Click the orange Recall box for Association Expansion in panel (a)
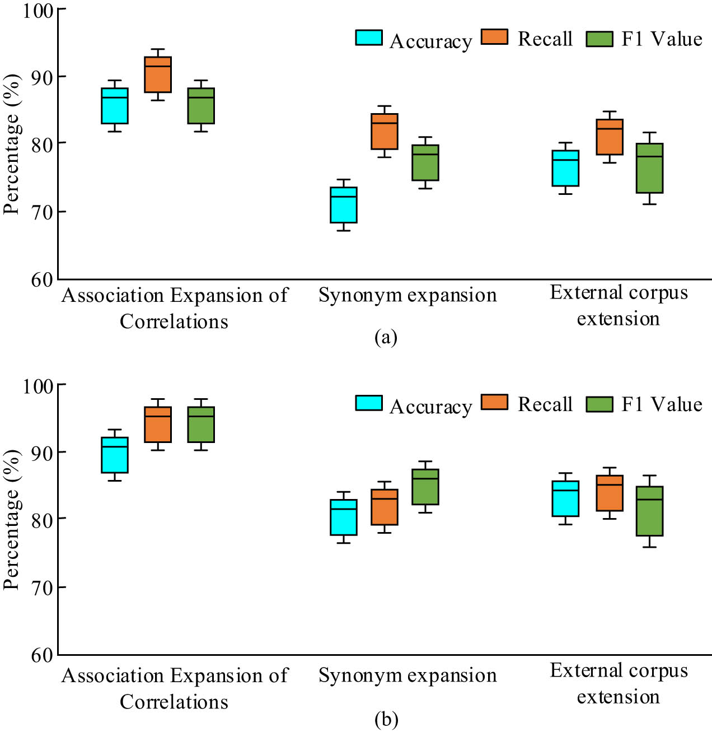tap(158, 74)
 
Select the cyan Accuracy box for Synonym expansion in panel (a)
tap(344, 205)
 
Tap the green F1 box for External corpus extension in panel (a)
tap(649, 168)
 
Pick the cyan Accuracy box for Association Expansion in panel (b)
tap(115, 455)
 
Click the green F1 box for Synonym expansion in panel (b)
tap(425, 487)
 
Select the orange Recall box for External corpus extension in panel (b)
tap(610, 493)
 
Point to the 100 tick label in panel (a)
tap(38, 11)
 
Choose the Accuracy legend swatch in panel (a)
tap(369, 38)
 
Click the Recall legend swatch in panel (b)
tap(494, 402)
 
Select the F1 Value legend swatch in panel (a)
tap(599, 39)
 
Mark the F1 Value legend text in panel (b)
tap(662, 404)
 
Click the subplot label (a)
tap(386, 337)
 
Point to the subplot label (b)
tap(386, 719)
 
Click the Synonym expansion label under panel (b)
tap(407, 675)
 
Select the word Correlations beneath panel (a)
tap(174, 321)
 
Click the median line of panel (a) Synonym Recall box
tap(385, 123)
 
